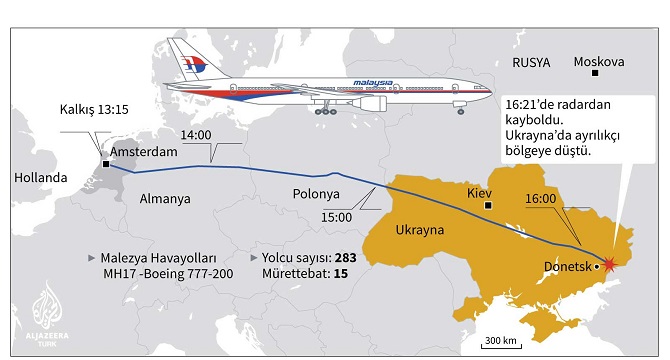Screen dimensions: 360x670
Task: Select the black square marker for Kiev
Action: point(488,205)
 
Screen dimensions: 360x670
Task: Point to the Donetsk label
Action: point(567,266)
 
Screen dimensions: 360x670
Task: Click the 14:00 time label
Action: point(196,135)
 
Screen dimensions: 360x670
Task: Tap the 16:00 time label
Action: point(541,198)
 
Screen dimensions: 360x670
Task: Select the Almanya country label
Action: point(165,198)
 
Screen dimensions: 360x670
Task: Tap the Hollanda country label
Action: point(40,178)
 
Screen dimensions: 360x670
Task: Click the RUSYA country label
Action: point(531,62)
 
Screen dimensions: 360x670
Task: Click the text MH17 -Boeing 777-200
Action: point(161,274)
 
